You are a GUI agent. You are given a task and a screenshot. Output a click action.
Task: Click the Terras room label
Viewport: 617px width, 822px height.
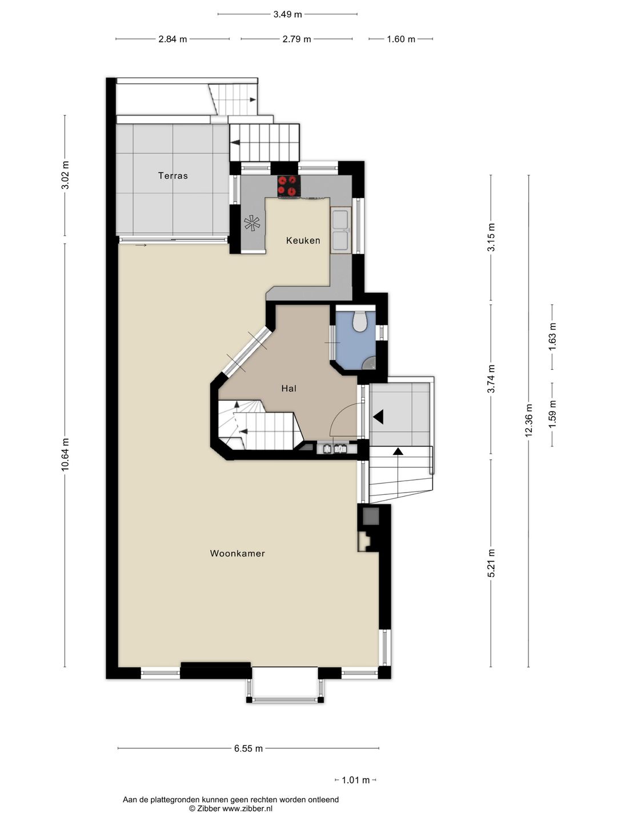173,176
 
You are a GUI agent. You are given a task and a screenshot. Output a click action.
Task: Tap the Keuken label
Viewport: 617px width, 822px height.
303,240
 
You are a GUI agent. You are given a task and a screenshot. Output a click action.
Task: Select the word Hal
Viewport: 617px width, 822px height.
289,388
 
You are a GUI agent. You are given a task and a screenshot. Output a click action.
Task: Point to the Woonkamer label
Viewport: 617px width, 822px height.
238,553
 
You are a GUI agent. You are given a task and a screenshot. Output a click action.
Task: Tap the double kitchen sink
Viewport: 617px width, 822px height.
341,231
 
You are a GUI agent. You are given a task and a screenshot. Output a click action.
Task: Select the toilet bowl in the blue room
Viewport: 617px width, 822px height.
360,321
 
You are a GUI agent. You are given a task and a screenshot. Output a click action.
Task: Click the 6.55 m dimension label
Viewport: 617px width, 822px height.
249,748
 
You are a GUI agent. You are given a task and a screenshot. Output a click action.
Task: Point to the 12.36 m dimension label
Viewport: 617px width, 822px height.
528,421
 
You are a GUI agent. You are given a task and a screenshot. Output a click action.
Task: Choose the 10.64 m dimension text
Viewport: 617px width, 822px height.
65,454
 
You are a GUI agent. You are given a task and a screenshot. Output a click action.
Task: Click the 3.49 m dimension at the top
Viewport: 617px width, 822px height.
287,14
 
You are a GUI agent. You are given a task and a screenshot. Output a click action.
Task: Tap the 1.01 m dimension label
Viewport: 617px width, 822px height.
355,780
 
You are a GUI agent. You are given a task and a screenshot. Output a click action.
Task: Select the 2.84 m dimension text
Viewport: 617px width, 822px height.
173,39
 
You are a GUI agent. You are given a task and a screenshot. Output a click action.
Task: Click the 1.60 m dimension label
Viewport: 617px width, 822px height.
401,39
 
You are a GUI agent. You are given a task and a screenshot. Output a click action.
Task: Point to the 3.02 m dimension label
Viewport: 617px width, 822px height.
65,175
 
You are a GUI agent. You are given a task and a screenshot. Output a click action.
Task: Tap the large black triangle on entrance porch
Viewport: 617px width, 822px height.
378,417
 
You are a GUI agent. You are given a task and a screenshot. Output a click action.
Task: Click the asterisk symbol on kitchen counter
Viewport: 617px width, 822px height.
252,224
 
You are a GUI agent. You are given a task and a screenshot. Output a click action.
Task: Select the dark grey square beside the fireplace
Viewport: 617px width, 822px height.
371,516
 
